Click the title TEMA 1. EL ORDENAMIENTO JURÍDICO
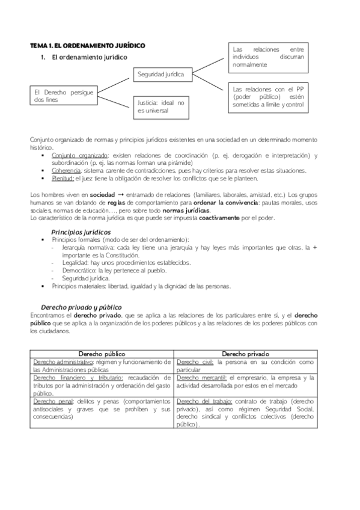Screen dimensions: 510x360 coord(88,46)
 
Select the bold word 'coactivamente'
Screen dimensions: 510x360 coord(225,218)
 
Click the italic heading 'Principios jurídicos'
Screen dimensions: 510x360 coord(81,232)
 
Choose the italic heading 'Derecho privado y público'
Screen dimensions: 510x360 coord(81,306)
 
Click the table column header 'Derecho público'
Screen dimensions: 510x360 coord(102,354)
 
